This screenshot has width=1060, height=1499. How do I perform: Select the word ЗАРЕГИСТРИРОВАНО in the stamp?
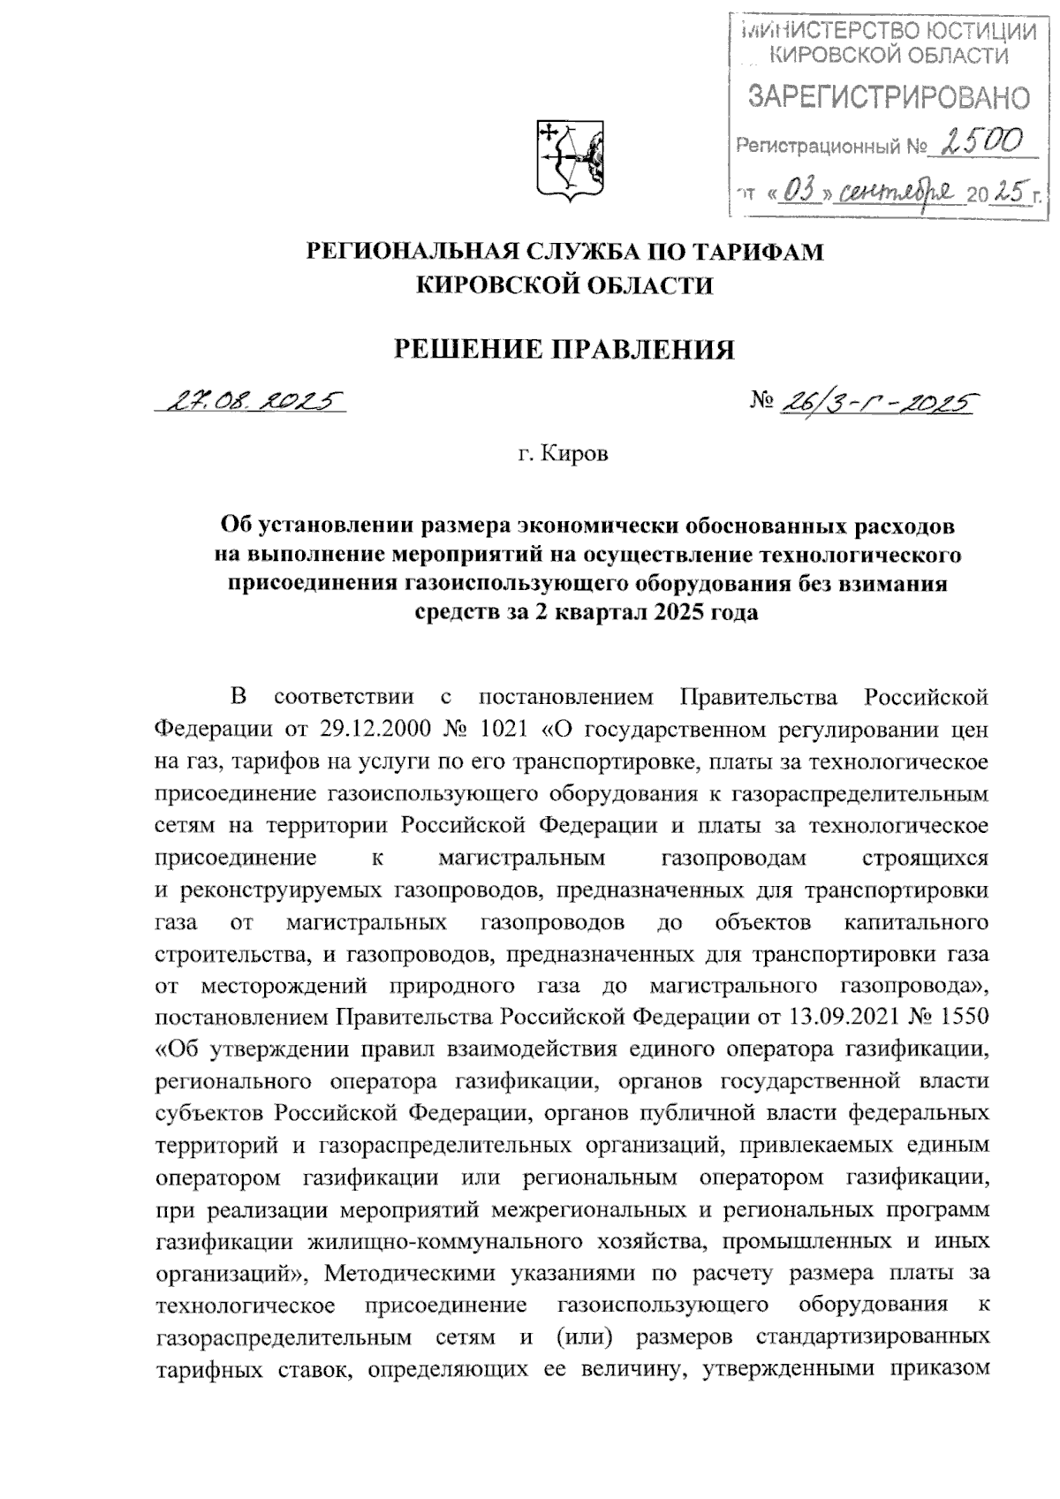click(889, 98)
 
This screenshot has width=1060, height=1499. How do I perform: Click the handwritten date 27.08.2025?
click(248, 404)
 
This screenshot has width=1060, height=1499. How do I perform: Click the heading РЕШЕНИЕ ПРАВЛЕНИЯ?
click(564, 350)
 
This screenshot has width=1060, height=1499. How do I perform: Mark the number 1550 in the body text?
click(958, 1017)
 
